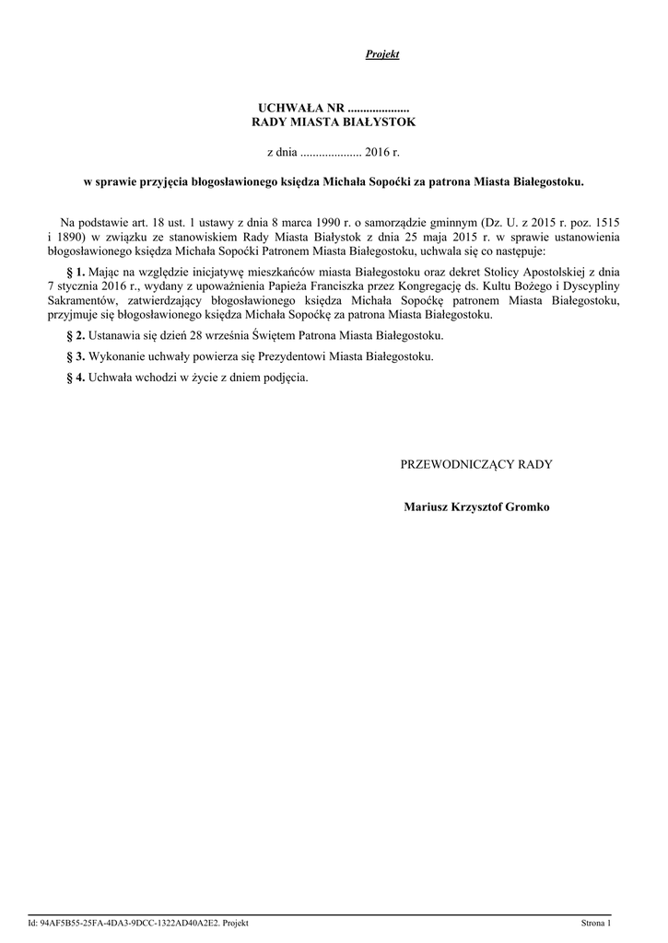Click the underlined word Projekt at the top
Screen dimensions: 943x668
(381, 55)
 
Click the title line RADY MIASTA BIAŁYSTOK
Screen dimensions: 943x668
(334, 122)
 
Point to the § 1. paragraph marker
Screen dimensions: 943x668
(76, 272)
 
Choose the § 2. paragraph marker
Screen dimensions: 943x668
(76, 335)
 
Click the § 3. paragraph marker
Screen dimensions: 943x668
(76, 356)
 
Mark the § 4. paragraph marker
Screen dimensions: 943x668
(76, 378)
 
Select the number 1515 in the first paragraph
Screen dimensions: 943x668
(604, 223)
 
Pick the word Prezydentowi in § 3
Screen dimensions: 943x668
(298, 356)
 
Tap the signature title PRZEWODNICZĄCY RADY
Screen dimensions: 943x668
(476, 464)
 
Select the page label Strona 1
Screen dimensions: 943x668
(595, 922)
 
